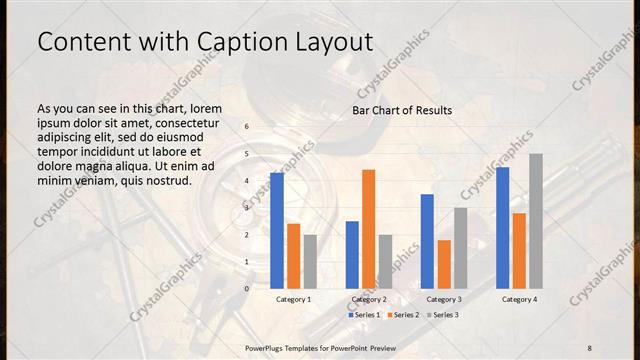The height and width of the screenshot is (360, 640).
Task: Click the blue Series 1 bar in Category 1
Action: tap(277, 230)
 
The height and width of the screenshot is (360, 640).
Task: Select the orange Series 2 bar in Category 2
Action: tap(369, 229)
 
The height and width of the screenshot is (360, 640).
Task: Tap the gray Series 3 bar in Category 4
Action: tap(536, 221)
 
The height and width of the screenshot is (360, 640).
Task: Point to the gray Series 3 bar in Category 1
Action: tap(310, 261)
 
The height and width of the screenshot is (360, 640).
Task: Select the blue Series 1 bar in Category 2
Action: tap(352, 254)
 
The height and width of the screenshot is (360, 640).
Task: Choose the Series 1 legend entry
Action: tap(364, 315)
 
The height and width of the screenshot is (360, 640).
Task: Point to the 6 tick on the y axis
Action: tap(247, 127)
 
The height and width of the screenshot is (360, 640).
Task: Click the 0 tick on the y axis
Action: tap(247, 289)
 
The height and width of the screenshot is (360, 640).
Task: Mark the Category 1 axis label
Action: tap(293, 299)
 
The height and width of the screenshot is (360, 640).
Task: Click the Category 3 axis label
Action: tap(444, 299)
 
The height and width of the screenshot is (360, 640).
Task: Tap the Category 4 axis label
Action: tap(519, 299)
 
